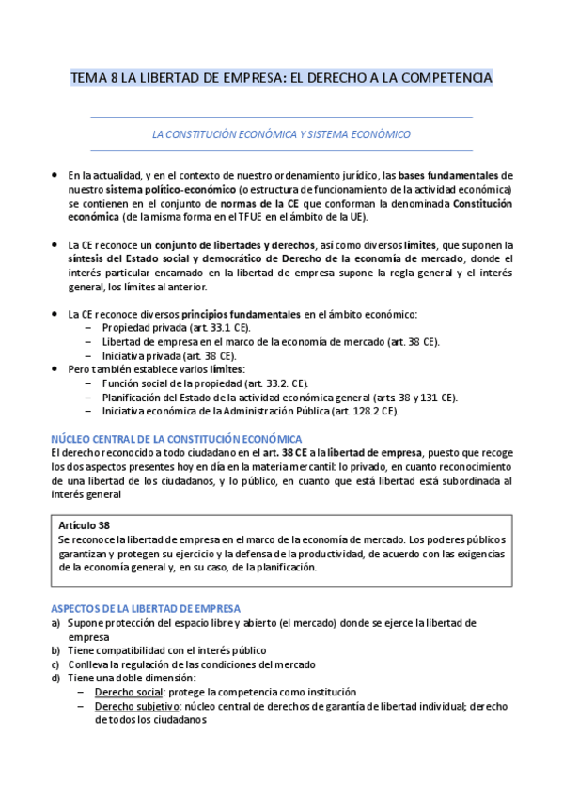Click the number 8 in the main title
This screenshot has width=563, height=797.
pos(115,78)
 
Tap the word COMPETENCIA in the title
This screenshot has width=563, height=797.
pos(445,78)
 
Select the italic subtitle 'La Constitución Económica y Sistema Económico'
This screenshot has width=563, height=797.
pos(281,134)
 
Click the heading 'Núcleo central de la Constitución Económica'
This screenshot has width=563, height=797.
pos(177,439)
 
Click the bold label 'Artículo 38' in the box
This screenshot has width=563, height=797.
pos(86,524)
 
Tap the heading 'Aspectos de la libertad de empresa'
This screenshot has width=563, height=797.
pos(146,583)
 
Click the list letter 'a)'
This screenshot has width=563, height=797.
pos(55,597)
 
